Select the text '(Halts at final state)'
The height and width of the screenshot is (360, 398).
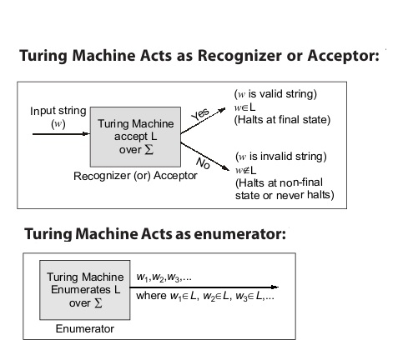coord(282,120)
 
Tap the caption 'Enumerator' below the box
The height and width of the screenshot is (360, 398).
coord(85,329)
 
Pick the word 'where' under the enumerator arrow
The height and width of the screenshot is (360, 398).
coord(151,296)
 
